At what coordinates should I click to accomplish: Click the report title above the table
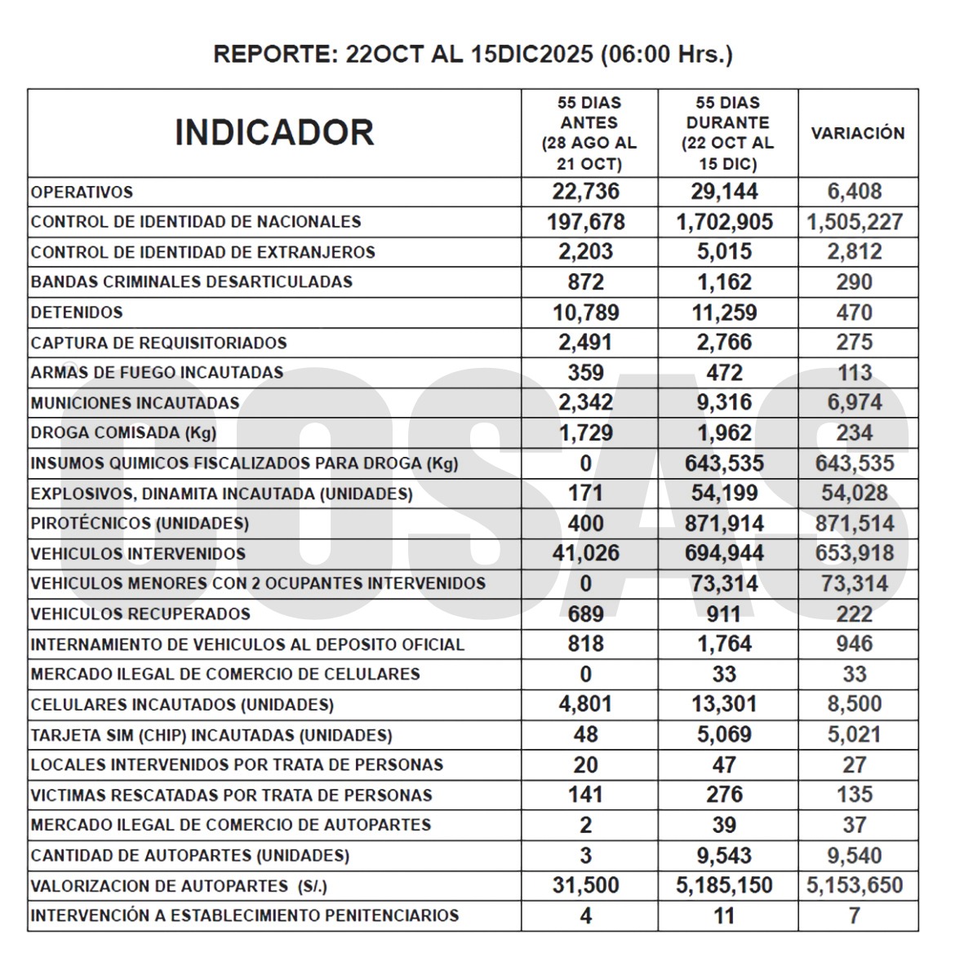[x=473, y=55]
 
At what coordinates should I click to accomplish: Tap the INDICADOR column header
[x=274, y=132]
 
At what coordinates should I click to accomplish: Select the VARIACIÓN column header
[x=857, y=133]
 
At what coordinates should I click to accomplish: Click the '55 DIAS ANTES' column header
[x=589, y=133]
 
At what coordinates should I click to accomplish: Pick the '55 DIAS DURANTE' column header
[x=727, y=133]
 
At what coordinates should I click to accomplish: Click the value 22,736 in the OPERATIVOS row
[x=586, y=192]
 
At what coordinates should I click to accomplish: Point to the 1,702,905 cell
[x=724, y=222]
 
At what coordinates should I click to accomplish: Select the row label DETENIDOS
[x=77, y=312]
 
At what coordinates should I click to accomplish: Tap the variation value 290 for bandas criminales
[x=854, y=282]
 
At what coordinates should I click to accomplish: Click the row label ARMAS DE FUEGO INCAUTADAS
[x=157, y=373]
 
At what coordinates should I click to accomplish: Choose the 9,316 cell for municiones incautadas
[x=724, y=402]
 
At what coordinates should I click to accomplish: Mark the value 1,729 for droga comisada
[x=586, y=432]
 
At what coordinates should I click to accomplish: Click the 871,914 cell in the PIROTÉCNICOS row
[x=724, y=523]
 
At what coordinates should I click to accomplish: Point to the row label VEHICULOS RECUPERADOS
[x=140, y=614]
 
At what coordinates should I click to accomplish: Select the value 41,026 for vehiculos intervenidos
[x=586, y=553]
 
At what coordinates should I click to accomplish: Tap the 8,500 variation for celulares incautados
[x=854, y=704]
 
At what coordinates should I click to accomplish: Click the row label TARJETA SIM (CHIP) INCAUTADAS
[x=211, y=735]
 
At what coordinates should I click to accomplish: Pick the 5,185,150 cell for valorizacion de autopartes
[x=724, y=885]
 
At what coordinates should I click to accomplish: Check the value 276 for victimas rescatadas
[x=724, y=795]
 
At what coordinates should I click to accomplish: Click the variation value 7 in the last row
[x=854, y=915]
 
